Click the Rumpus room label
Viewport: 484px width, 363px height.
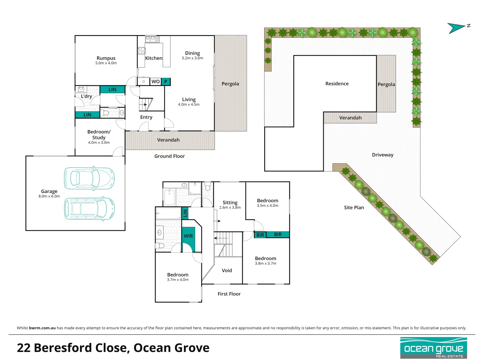[106, 58]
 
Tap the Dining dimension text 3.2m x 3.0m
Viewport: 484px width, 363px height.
[192, 58]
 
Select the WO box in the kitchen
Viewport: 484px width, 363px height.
[155, 81]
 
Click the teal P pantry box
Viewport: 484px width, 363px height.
[166, 81]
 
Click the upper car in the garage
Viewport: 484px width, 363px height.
[89, 178]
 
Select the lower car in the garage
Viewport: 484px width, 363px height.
[89, 209]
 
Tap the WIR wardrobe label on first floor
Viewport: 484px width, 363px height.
[188, 236]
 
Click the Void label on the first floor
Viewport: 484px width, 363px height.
[227, 271]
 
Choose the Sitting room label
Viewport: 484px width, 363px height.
[230, 203]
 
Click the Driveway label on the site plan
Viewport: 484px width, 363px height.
[382, 155]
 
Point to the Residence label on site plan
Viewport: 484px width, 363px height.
[337, 84]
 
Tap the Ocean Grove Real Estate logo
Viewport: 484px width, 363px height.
[434, 348]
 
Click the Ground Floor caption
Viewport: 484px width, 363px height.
[169, 156]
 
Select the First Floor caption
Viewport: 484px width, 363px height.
[229, 294]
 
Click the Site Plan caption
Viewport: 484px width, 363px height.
[354, 208]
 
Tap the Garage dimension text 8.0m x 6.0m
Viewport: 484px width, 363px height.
[49, 196]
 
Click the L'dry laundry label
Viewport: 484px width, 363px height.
[86, 96]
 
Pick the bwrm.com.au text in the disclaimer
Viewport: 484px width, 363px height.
[42, 328]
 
